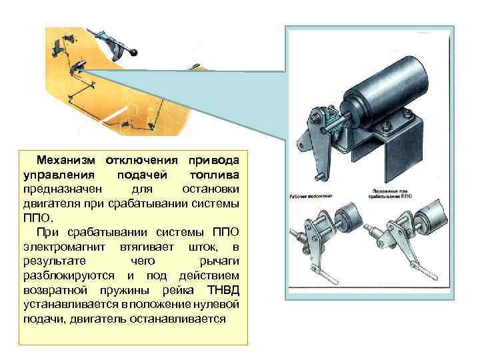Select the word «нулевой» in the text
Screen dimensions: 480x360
[x=215, y=303]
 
